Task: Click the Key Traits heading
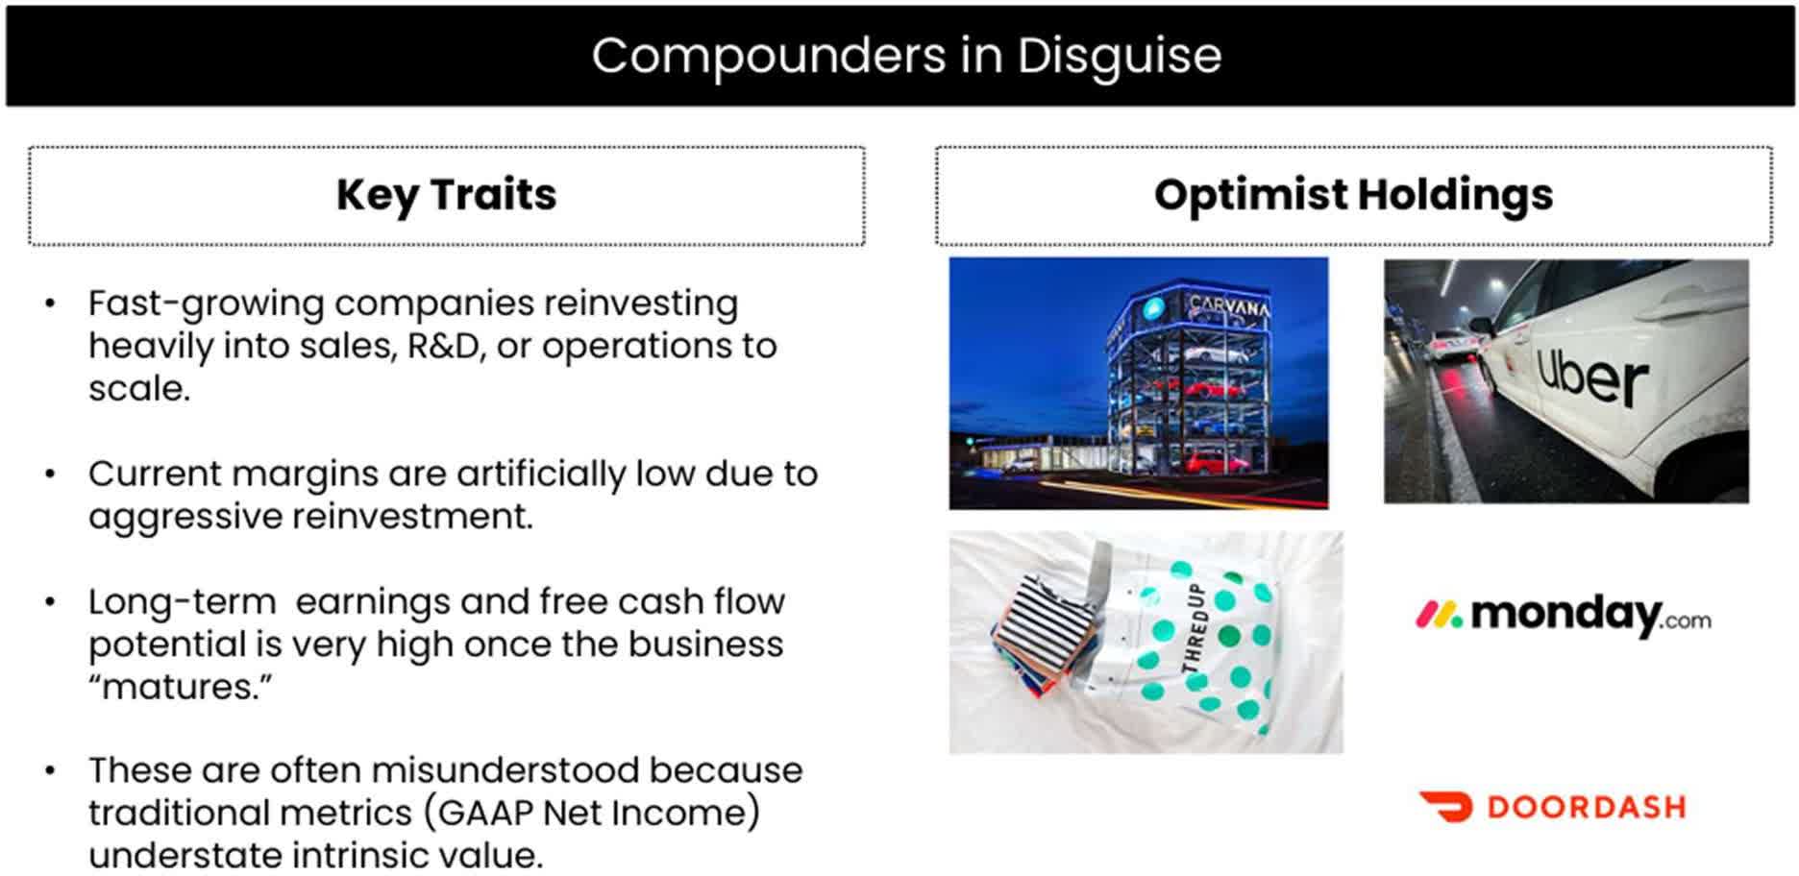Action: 446,195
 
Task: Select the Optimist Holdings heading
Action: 1353,195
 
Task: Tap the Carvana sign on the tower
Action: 1228,306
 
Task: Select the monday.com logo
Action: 1564,616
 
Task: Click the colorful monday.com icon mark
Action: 1439,615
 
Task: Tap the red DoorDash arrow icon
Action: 1446,807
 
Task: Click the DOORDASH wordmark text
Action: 1587,807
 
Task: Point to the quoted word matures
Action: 181,687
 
